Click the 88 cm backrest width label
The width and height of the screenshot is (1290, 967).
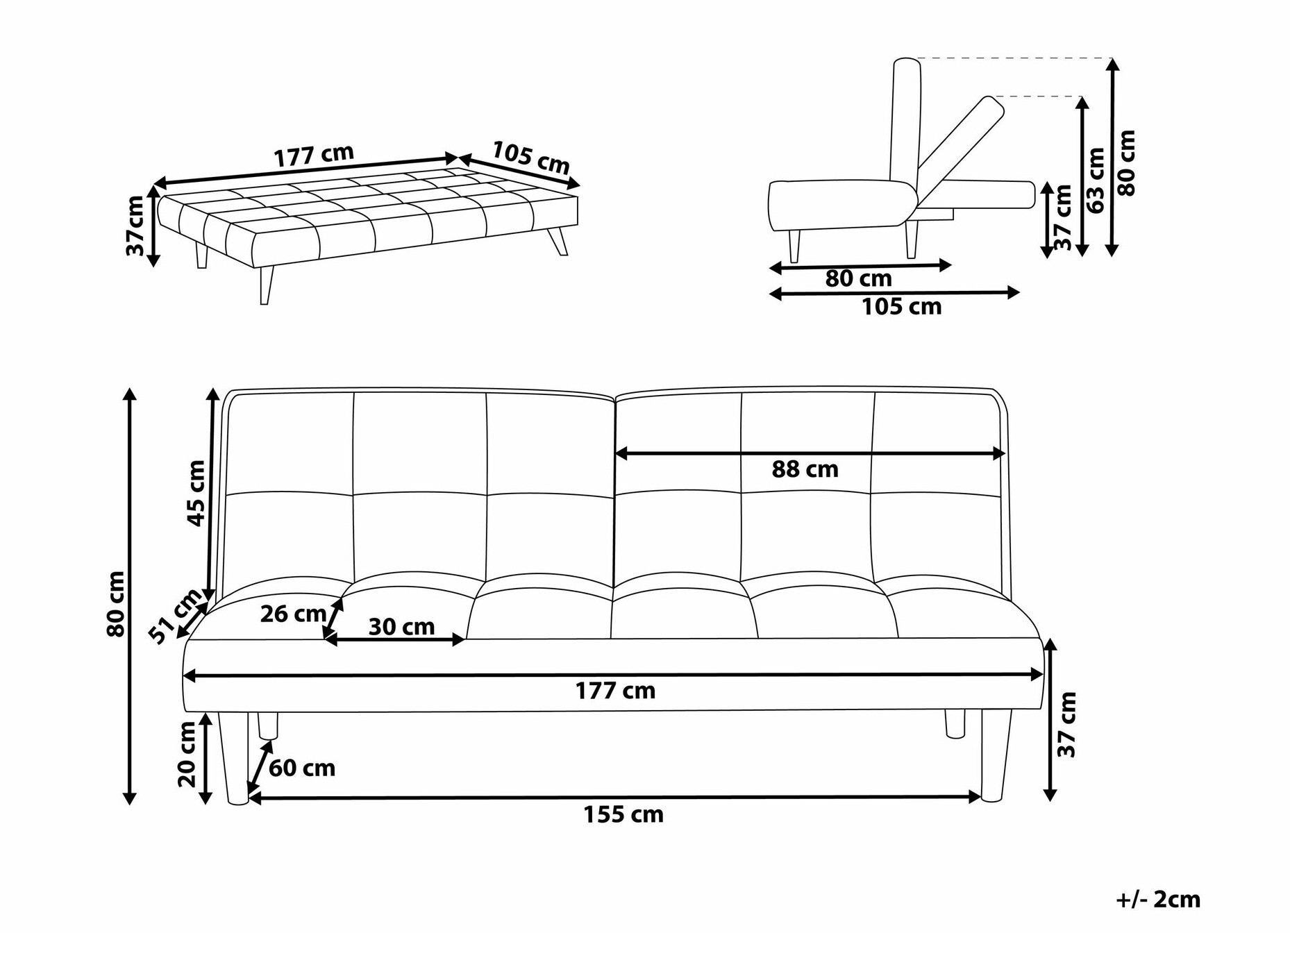pos(805,470)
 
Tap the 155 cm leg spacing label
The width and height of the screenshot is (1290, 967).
pos(623,814)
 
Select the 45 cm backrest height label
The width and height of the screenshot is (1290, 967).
pos(196,493)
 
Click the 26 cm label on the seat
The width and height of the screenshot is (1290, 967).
pos(292,614)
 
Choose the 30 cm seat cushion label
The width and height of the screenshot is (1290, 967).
pos(401,627)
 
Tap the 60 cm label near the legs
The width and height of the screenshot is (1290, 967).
pos(301,768)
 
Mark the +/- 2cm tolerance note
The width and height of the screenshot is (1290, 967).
pos(1157,900)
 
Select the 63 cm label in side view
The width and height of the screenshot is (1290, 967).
pos(1096,180)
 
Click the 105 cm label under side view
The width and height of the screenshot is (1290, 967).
pos(901,307)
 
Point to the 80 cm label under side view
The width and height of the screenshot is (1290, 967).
pos(858,279)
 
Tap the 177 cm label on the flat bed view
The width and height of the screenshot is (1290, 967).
pos(314,156)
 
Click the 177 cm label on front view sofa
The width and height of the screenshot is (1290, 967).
pos(615,691)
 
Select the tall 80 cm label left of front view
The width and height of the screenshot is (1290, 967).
pos(116,604)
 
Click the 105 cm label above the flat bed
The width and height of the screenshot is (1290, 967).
pos(531,158)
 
